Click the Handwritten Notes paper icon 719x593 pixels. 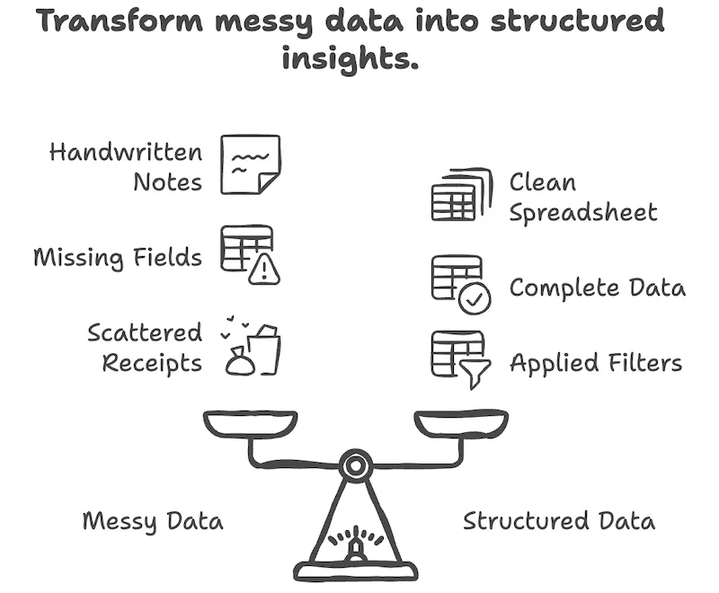click(x=251, y=164)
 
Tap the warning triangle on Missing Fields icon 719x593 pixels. click(x=263, y=270)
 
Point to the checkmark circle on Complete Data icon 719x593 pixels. click(x=473, y=300)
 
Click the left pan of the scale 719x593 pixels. click(x=249, y=423)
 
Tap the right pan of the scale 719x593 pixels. click(x=461, y=423)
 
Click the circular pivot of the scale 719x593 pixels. click(x=356, y=465)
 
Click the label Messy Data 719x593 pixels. click(x=153, y=521)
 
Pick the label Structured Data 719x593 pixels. click(x=559, y=521)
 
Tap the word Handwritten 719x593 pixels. click(x=126, y=152)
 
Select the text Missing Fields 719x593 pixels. click(x=118, y=258)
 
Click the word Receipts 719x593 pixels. click(x=152, y=363)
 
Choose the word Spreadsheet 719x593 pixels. click(x=583, y=214)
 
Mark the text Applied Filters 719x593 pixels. click(x=596, y=364)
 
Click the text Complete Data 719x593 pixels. click(x=598, y=288)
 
